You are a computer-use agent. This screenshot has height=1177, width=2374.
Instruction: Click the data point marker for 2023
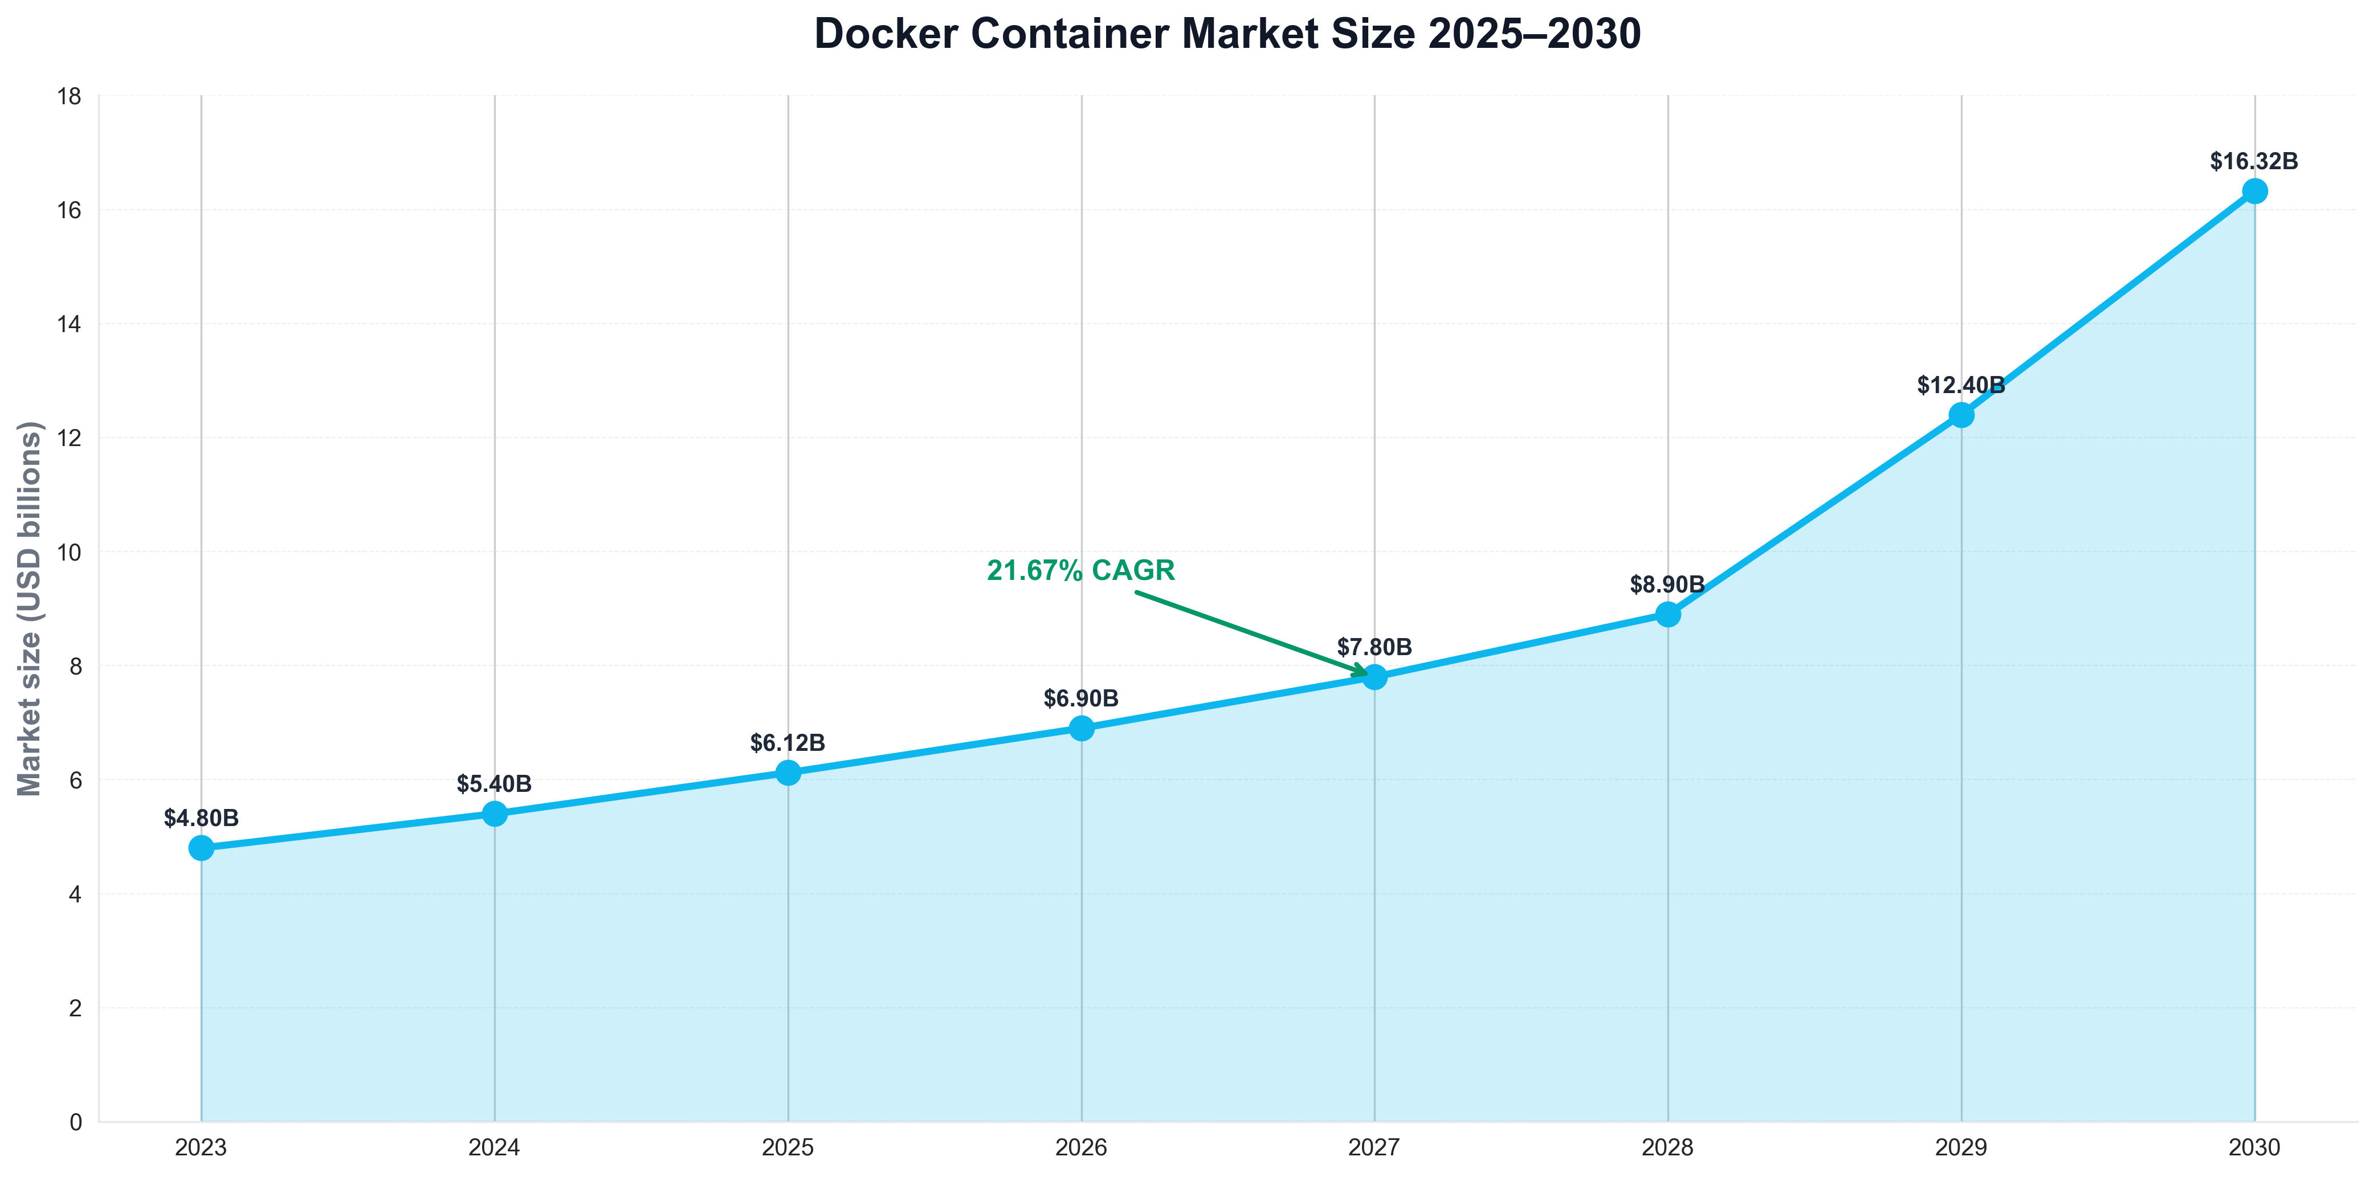click(x=201, y=848)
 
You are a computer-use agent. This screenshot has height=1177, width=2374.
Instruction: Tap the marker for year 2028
click(x=1667, y=614)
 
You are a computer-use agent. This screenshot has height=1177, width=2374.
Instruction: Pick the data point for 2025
click(x=788, y=773)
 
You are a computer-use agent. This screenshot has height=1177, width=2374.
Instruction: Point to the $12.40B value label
click(x=1960, y=385)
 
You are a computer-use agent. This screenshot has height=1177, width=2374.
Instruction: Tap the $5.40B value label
click(x=494, y=784)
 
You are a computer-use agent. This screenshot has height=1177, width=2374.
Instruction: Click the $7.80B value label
click(x=1374, y=647)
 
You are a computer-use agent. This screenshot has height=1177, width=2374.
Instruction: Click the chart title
click(x=1227, y=34)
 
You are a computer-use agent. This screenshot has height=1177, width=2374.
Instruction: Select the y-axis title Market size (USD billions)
click(x=30, y=608)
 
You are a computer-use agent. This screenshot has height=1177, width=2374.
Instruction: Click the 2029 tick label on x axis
click(x=1960, y=1147)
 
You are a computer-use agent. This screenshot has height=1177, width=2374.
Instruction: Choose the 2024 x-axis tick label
click(x=494, y=1147)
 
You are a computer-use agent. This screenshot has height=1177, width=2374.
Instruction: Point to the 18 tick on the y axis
click(x=70, y=96)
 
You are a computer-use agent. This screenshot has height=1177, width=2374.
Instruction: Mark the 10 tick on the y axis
click(x=70, y=552)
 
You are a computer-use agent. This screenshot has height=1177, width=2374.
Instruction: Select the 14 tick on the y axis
click(x=70, y=324)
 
